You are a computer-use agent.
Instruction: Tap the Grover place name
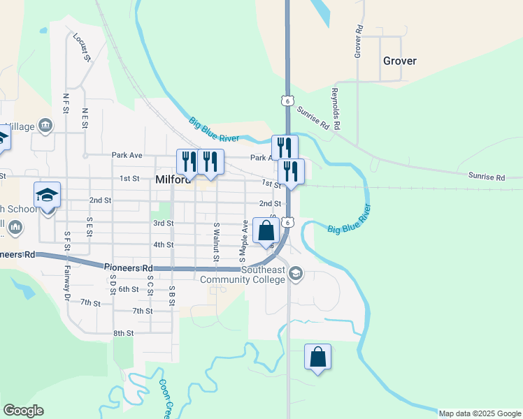[x=400, y=61]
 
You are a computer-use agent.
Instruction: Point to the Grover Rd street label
[x=359, y=42]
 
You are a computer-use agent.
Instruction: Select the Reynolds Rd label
[x=336, y=109]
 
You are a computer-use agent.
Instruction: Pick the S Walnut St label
[x=217, y=242]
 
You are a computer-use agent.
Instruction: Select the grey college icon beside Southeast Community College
[x=296, y=273]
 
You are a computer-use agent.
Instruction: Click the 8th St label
[x=123, y=334]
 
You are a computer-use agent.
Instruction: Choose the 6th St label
[x=129, y=289]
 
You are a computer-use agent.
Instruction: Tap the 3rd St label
[x=163, y=223]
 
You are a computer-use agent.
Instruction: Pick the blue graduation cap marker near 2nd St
[x=47, y=195]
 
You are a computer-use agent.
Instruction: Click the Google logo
[x=23, y=411]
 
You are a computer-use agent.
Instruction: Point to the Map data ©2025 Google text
[x=480, y=413]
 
